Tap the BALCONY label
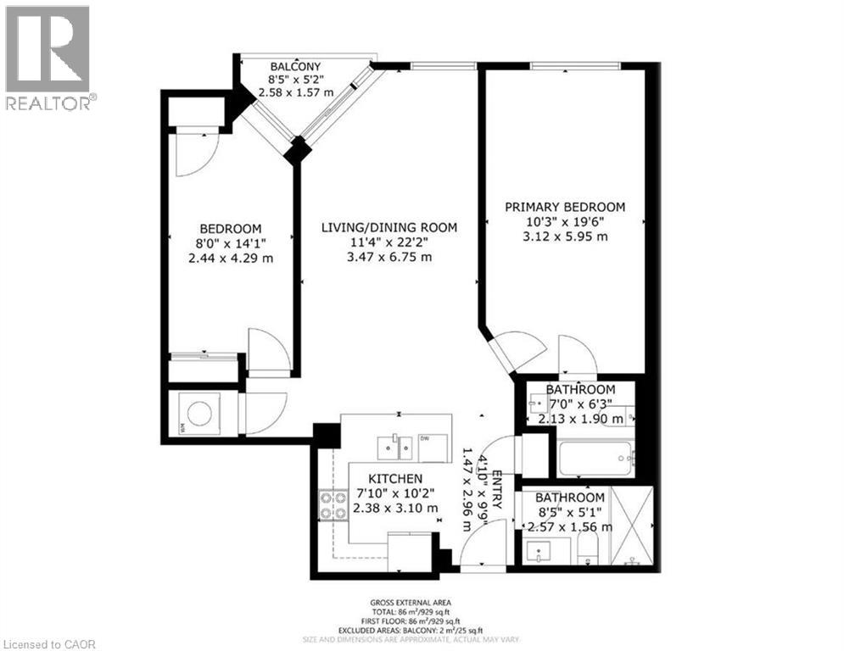point(295,66)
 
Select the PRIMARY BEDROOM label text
point(565,207)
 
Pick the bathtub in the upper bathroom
point(595,459)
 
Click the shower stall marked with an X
point(633,526)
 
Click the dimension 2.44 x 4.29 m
point(231,258)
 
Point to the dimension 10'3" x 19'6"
point(565,222)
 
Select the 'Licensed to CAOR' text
point(50,643)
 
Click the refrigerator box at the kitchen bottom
point(410,548)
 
